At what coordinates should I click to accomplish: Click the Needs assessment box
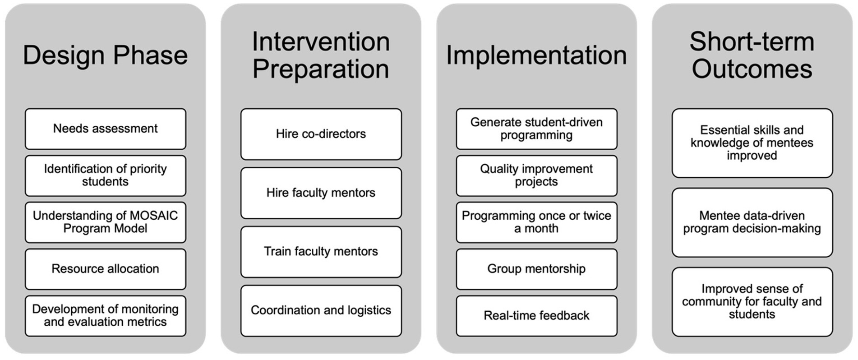(x=106, y=129)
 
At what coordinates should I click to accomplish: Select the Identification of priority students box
(x=106, y=175)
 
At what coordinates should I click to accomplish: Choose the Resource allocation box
(x=106, y=269)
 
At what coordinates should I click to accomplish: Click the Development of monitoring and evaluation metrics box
(x=106, y=316)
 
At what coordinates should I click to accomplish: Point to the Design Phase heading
(x=106, y=55)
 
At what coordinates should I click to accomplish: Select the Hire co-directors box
(x=321, y=134)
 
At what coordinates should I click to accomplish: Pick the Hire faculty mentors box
(x=321, y=193)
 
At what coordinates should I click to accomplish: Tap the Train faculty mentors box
(x=321, y=252)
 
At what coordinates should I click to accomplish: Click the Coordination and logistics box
(x=321, y=311)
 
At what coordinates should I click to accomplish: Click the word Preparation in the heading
(x=321, y=69)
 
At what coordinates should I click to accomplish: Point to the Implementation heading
(x=536, y=55)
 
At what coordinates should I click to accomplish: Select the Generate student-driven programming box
(x=537, y=129)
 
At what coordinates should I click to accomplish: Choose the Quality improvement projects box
(x=537, y=175)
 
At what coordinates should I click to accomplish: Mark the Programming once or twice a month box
(x=537, y=222)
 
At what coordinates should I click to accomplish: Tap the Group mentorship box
(x=537, y=269)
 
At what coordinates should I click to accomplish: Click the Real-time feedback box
(x=537, y=316)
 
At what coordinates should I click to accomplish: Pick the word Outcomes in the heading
(x=752, y=69)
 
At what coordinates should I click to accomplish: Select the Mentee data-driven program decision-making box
(x=752, y=222)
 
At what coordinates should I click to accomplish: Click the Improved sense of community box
(x=752, y=302)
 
